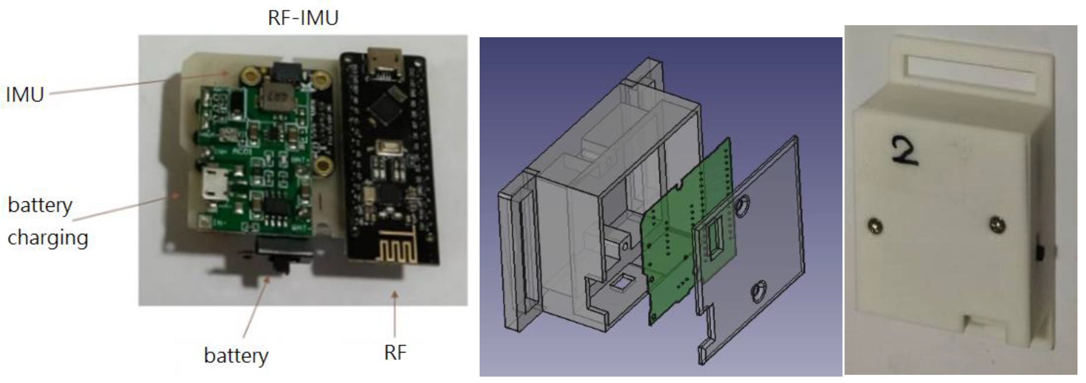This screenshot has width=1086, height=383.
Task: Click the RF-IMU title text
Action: [303, 18]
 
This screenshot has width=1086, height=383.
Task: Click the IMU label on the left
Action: [24, 94]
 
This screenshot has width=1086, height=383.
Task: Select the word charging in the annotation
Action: [48, 238]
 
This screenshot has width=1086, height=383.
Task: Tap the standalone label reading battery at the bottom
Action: [236, 355]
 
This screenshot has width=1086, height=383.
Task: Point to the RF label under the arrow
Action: [395, 352]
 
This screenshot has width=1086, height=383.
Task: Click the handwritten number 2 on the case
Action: [905, 152]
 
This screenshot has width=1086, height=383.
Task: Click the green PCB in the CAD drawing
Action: [675, 236]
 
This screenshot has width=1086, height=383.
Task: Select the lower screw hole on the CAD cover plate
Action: [759, 292]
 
